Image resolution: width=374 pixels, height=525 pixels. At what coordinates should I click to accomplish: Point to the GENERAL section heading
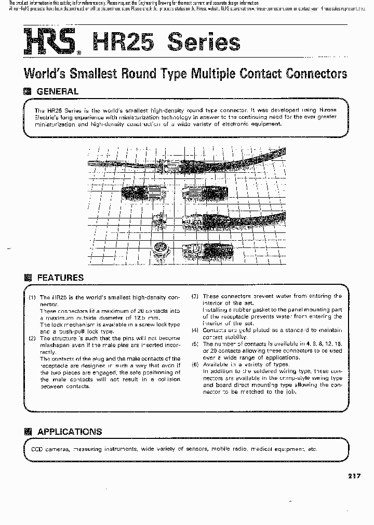click(57, 91)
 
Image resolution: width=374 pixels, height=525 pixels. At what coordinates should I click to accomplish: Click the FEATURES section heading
click(60, 278)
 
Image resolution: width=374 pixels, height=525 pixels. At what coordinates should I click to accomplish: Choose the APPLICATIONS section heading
click(70, 432)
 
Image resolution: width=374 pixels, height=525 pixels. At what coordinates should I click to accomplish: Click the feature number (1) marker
click(32, 297)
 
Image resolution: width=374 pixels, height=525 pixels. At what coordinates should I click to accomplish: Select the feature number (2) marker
click(32, 338)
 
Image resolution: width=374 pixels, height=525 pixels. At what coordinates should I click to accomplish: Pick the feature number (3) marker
click(195, 296)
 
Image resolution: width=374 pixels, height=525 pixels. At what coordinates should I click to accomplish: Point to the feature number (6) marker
click(195, 364)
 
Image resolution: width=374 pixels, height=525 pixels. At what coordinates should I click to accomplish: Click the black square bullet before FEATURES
click(28, 278)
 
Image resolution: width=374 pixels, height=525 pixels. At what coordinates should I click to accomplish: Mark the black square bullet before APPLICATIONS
click(28, 432)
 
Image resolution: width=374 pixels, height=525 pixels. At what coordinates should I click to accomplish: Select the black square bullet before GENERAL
click(28, 91)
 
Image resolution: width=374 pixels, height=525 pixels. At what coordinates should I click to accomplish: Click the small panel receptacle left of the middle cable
click(159, 220)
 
